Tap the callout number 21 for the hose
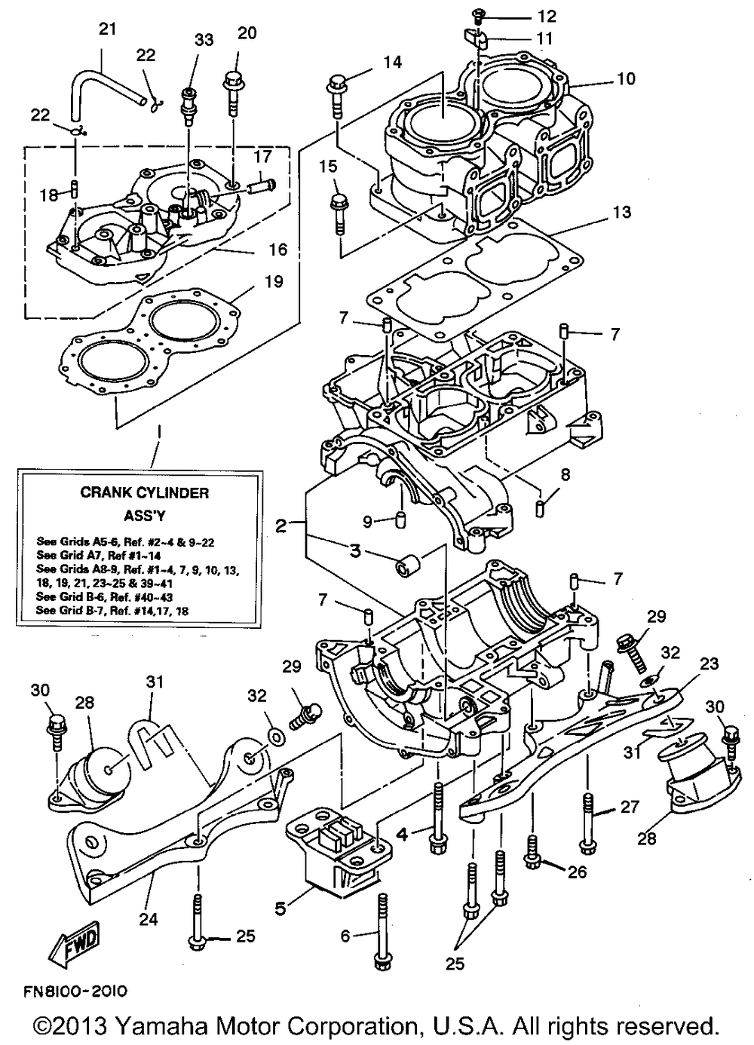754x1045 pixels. pos(109,29)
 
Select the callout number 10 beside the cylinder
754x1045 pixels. pos(626,78)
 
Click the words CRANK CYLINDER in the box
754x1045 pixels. pos(145,493)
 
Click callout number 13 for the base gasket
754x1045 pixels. pos(621,213)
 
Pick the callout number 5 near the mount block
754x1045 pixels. pos(280,909)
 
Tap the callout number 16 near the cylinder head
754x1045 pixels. pos(279,249)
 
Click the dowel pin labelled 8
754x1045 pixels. pos(541,507)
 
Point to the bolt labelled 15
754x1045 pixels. pos(337,210)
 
